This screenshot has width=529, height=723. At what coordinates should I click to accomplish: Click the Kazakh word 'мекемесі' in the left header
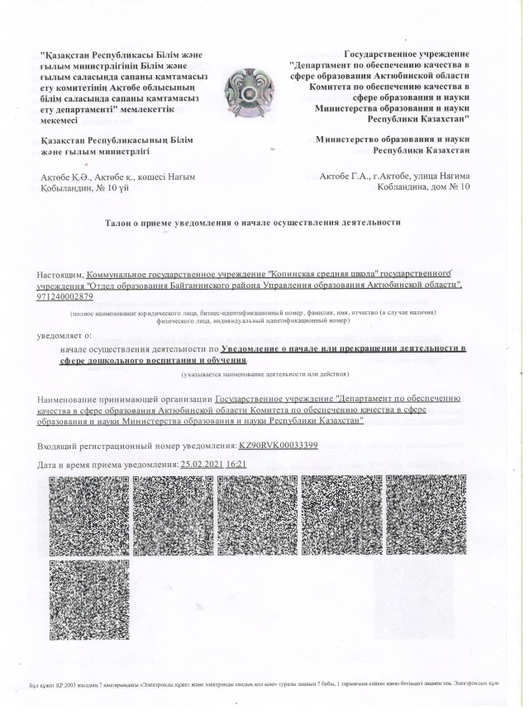64,120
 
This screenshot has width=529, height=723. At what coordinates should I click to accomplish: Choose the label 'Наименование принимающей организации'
124,399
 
